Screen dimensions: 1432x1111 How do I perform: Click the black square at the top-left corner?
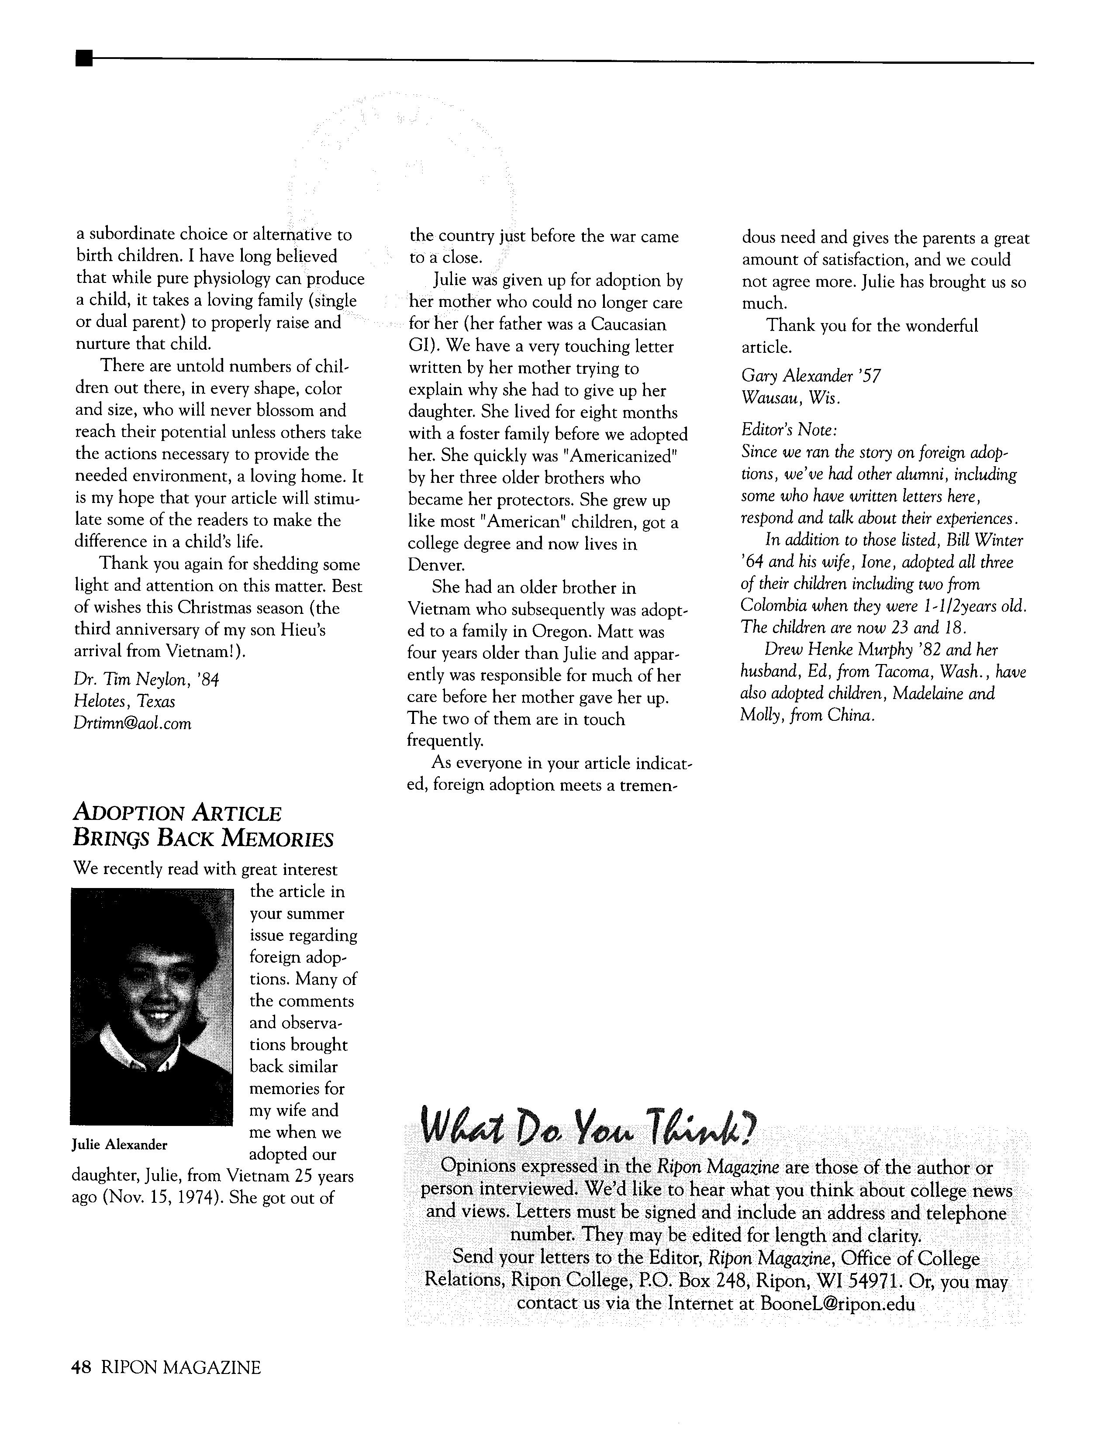click(x=83, y=59)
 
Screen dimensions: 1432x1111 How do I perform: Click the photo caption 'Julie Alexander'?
click(x=119, y=1145)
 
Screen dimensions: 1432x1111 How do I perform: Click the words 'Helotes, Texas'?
click(x=124, y=702)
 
